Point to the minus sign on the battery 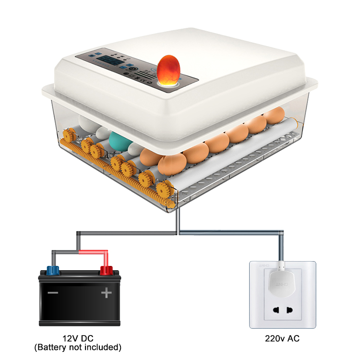click(53, 292)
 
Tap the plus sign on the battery click(106, 292)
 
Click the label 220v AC click(282, 339)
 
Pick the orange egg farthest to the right click(275, 115)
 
